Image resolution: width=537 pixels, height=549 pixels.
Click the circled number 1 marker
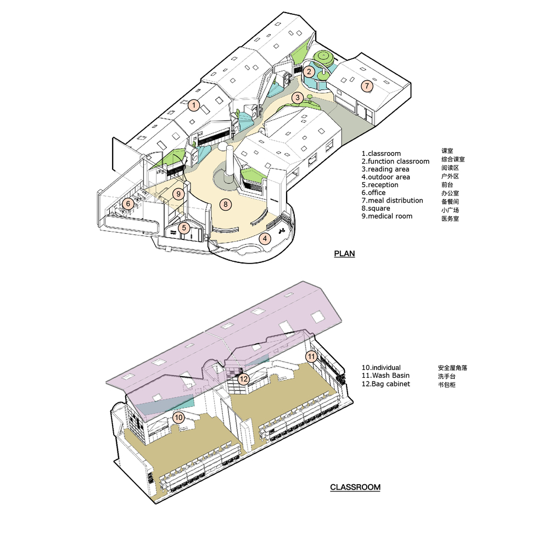194,105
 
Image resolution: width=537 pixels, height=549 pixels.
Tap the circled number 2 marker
309,72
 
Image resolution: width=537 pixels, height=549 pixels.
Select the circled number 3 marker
298,98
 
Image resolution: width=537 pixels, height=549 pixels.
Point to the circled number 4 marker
265,239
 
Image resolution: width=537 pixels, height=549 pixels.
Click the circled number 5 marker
184,228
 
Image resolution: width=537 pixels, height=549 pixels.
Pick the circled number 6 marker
128,204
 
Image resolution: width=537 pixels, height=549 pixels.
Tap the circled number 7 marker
367,86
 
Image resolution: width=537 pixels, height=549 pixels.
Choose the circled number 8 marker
226,204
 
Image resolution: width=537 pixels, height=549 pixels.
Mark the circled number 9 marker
178,194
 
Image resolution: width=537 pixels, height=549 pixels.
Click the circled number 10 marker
178,417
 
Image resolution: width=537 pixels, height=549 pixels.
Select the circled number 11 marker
311,357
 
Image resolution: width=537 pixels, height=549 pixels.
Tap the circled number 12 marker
244,379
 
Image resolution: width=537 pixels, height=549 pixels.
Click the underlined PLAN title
344,254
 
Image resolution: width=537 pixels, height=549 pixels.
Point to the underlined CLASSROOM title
355,487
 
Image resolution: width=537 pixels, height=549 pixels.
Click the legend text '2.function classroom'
395,161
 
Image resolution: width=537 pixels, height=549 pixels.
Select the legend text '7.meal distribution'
393,200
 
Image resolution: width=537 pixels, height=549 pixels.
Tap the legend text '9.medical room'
387,216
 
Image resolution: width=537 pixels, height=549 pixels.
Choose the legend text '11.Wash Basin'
385,376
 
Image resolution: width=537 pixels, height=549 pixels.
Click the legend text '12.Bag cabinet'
386,384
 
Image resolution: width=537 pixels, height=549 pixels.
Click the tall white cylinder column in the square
230,161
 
